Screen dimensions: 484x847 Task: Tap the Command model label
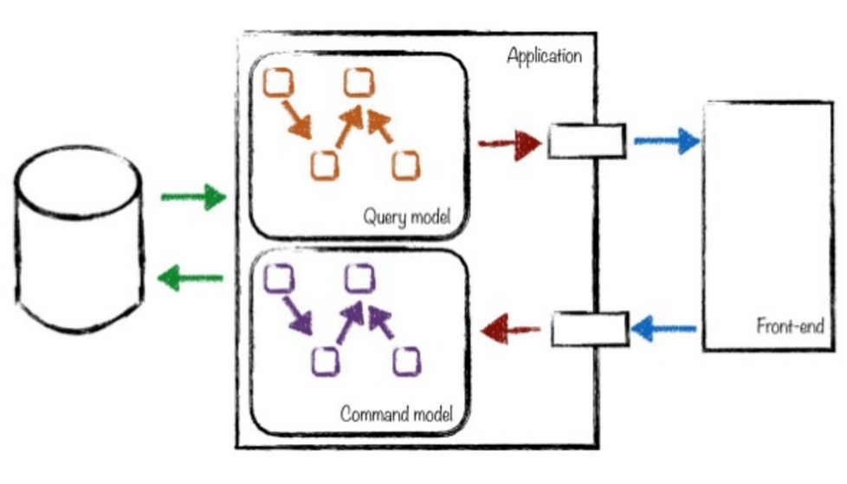[396, 413]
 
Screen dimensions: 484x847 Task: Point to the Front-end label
[789, 327]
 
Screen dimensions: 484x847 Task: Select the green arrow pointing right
[192, 197]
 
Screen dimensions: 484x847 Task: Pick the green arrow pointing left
[191, 278]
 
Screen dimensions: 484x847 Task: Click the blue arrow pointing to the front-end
[665, 139]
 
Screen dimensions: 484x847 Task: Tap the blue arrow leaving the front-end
[664, 327]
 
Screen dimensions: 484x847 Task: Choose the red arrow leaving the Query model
[510, 143]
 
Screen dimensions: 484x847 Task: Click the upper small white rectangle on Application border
[586, 141]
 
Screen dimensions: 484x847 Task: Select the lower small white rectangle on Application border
[590, 329]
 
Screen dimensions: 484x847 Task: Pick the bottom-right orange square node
[405, 164]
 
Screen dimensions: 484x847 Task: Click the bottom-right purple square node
[406, 360]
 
